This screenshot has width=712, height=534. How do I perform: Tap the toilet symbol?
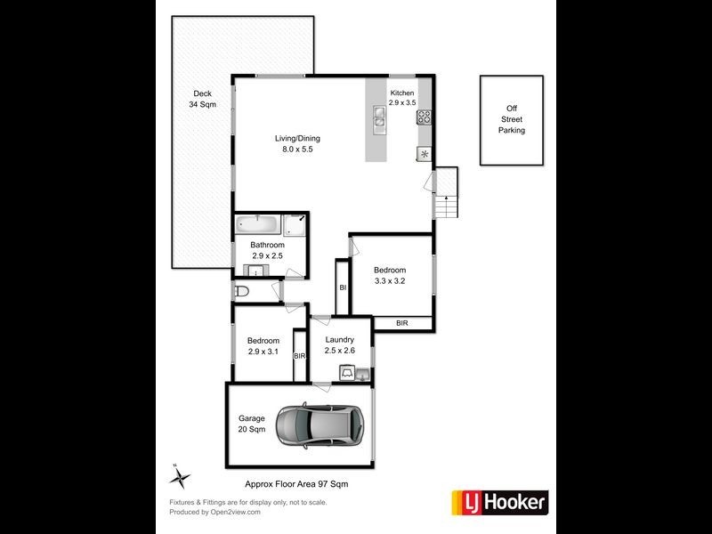(x=241, y=291)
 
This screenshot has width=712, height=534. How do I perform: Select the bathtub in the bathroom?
(x=259, y=225)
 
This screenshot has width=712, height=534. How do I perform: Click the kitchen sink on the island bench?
(x=379, y=117)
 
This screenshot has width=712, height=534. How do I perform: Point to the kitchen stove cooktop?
(x=425, y=115)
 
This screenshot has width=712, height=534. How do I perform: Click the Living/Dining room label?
(x=297, y=143)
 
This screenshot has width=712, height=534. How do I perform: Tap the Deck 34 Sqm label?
(x=203, y=99)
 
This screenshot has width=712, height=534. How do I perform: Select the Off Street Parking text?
(x=511, y=119)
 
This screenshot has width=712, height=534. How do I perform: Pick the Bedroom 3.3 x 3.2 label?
(x=389, y=276)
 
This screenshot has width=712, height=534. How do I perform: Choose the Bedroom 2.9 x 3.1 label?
(x=263, y=345)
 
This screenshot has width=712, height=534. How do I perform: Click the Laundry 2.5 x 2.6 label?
(x=340, y=344)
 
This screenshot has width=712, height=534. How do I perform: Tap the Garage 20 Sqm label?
(x=252, y=424)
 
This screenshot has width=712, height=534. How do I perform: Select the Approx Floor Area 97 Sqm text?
(x=297, y=483)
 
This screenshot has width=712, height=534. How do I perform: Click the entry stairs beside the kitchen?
(x=445, y=193)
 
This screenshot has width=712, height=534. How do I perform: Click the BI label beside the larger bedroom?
(x=343, y=287)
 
